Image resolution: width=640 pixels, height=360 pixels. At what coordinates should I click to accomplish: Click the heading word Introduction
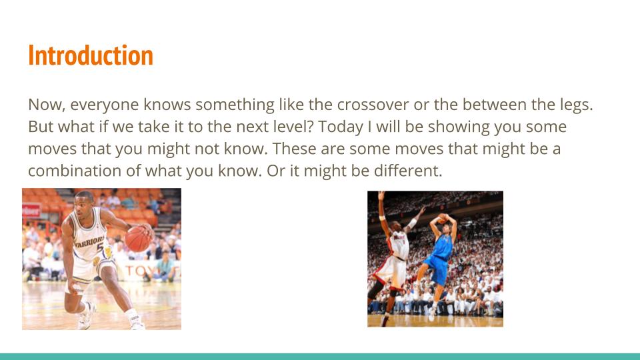pos(91,55)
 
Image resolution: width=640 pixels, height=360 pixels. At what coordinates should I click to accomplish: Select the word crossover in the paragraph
pos(373,105)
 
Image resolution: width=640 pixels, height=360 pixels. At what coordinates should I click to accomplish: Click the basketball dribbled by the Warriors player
pos(137,239)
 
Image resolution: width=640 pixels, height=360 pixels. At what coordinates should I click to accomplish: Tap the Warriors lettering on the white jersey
pos(89,241)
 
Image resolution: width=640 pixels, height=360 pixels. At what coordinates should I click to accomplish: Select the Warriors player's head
pos(85,201)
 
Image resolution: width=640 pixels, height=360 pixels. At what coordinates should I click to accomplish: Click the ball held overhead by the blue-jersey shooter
pos(443,218)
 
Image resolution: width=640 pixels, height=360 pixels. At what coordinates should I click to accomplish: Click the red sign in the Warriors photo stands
pos(31,211)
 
